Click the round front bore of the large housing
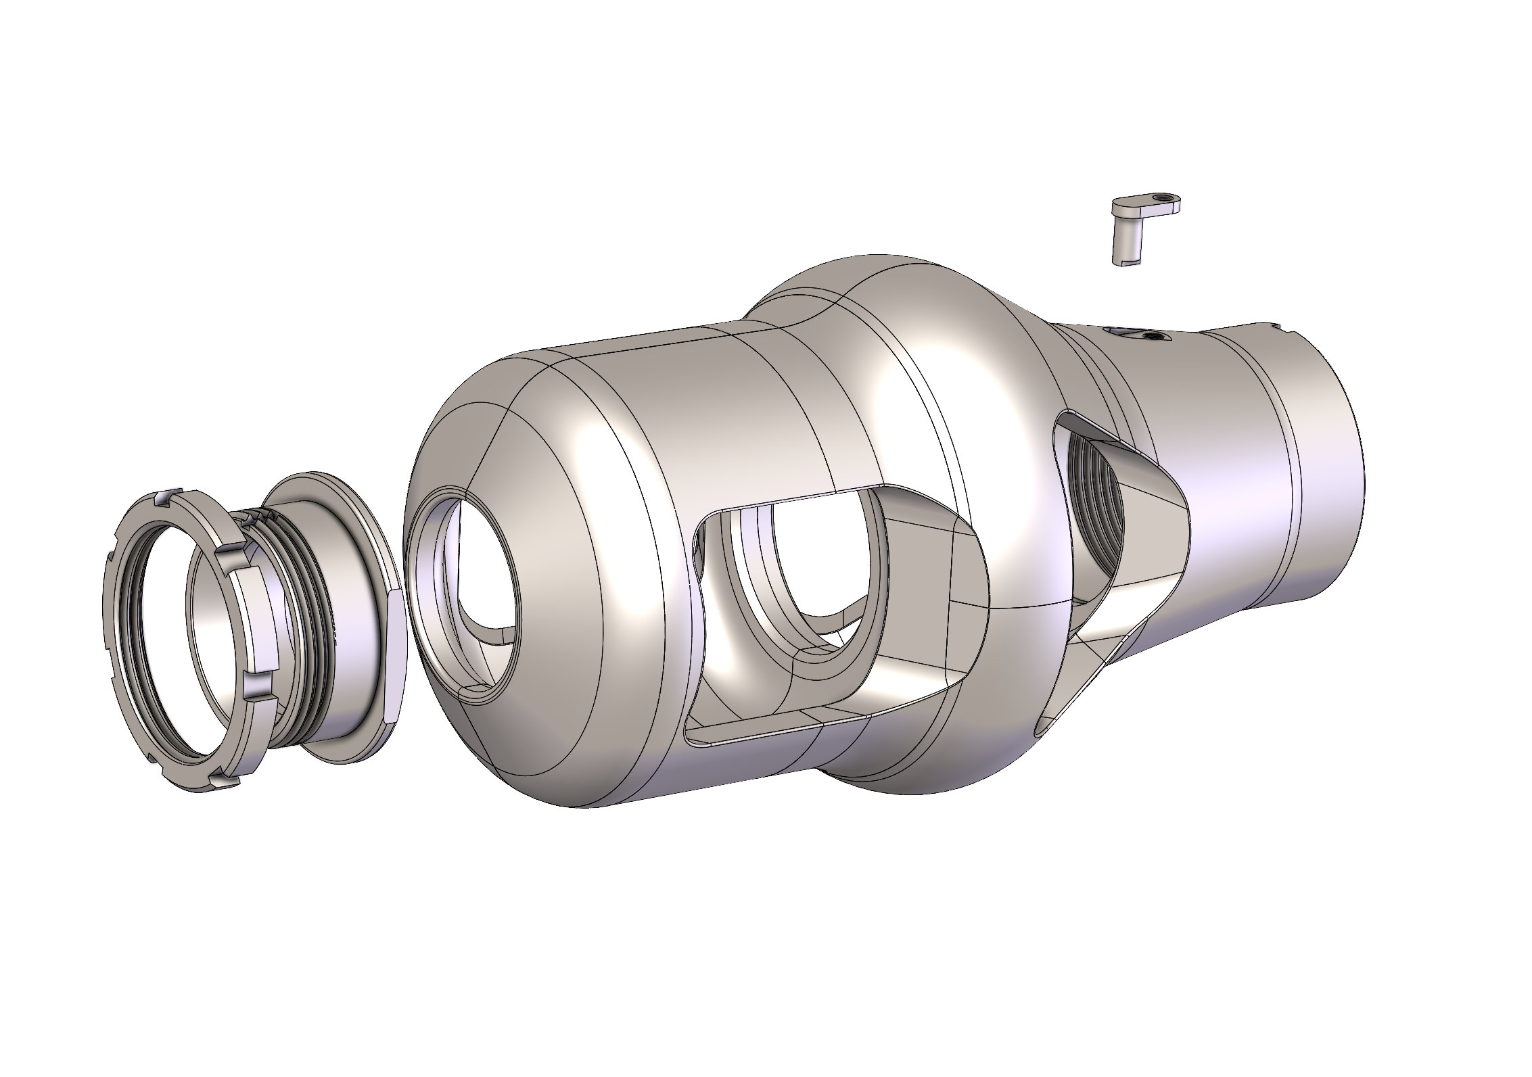tap(467, 581)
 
